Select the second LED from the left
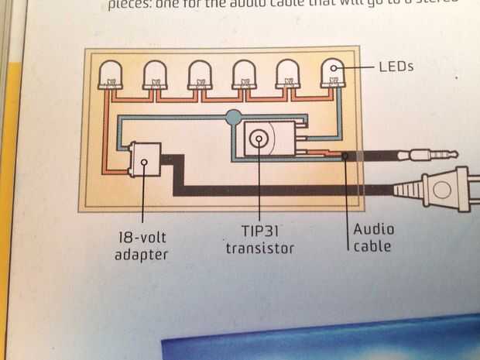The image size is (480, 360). tap(156, 74)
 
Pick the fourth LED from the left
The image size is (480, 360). tap(245, 74)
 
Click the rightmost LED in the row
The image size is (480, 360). tap(334, 74)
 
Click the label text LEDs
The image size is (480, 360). tap(396, 67)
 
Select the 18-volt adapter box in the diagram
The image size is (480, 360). tap(146, 163)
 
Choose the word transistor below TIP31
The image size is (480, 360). tap(260, 248)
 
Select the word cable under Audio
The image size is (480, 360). tap(371, 246)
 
